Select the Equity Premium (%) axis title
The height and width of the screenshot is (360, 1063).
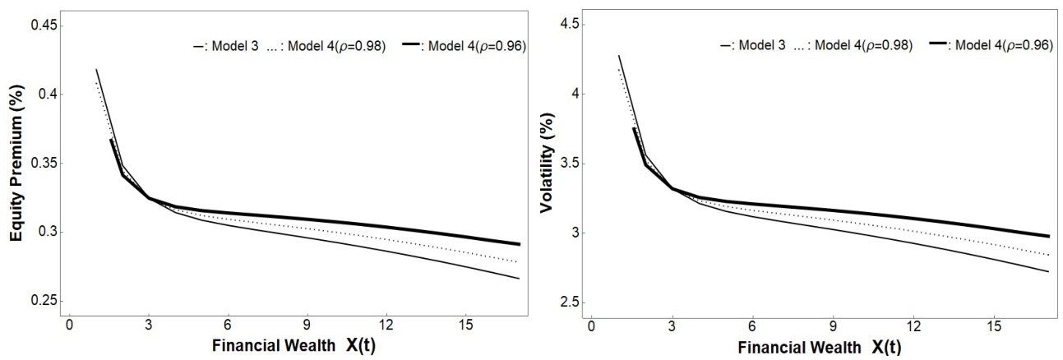pos(14,163)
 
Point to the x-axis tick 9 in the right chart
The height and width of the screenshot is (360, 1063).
pos(834,323)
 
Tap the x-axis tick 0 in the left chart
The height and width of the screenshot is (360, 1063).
pos(70,323)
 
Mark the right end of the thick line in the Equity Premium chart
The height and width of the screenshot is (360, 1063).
pos(520,244)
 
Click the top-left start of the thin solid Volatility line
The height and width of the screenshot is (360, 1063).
pos(618,56)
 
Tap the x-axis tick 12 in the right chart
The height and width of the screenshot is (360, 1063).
pos(913,323)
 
